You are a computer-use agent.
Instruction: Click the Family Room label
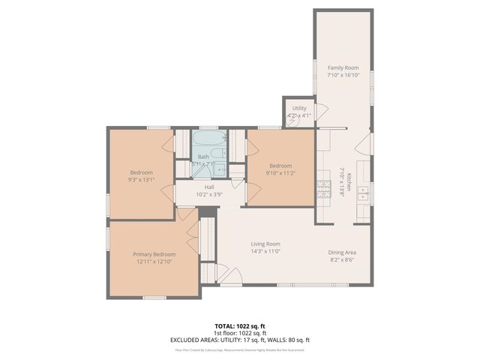click(343, 67)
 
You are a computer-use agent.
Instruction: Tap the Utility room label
click(299, 109)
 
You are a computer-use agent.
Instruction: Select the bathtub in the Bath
click(208, 139)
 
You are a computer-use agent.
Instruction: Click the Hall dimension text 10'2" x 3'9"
click(209, 194)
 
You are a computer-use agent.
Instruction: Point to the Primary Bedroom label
click(154, 254)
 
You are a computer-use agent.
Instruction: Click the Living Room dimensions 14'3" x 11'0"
click(265, 251)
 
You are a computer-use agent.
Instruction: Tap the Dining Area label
click(341, 253)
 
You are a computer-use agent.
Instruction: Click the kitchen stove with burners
click(324, 192)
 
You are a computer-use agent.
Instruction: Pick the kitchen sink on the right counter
click(363, 193)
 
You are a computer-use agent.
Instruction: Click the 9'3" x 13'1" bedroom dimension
click(141, 180)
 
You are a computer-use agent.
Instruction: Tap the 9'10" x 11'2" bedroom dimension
click(280, 173)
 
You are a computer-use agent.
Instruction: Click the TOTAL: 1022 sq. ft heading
click(240, 326)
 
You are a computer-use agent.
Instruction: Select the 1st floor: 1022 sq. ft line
click(240, 333)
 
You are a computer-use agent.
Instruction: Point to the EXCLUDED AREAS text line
click(240, 340)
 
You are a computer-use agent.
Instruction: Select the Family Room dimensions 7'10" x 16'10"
click(343, 75)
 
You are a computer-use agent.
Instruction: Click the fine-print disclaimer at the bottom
click(240, 349)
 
